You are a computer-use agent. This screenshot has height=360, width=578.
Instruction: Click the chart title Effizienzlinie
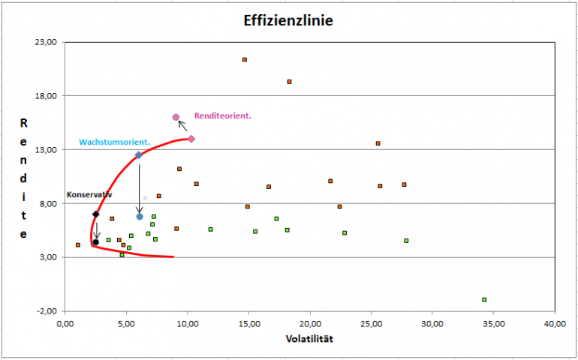[x=288, y=20]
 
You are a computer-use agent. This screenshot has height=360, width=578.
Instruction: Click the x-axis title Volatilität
[x=309, y=339]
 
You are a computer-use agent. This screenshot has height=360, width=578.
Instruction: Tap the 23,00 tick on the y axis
[x=47, y=43]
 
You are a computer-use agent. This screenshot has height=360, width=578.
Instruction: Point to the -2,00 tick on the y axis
[x=47, y=311]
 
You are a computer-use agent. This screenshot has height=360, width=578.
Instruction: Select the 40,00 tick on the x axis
[x=554, y=323]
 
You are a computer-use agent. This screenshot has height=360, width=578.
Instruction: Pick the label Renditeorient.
[x=222, y=115]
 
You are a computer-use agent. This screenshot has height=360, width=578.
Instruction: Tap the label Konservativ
[x=89, y=194]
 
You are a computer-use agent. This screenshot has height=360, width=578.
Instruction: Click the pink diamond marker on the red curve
[x=191, y=139]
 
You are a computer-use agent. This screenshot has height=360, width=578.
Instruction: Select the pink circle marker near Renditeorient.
[x=176, y=117]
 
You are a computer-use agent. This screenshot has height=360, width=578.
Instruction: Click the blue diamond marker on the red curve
[x=138, y=155]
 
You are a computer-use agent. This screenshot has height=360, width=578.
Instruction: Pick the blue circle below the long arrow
[x=140, y=217]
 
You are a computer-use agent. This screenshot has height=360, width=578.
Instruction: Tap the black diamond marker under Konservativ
[x=96, y=214]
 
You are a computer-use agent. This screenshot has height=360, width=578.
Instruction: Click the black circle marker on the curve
[x=96, y=242]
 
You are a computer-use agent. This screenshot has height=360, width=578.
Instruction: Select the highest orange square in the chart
[x=245, y=59]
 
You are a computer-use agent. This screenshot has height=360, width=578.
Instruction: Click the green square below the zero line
[x=485, y=299]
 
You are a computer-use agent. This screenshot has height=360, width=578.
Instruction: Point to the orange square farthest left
[x=78, y=244]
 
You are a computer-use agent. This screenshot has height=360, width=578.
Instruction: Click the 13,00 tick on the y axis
[x=47, y=150]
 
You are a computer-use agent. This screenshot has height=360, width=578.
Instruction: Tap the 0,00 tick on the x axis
[x=65, y=323]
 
